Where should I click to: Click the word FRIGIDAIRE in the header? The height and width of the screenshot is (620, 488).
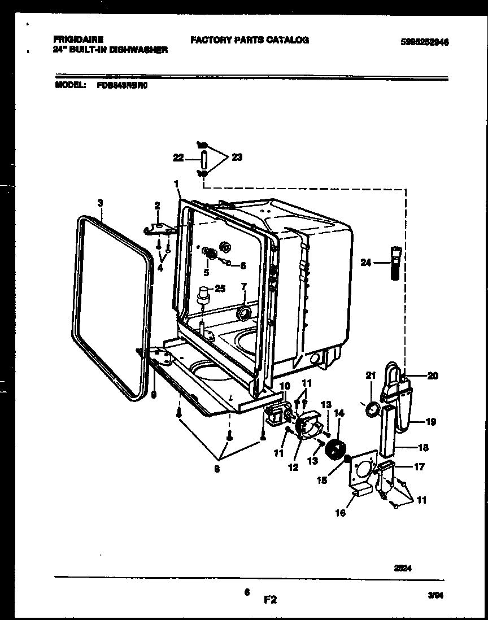(78, 40)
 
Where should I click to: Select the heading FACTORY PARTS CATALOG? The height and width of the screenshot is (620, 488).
(249, 40)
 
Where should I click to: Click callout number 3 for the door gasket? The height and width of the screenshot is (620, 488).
(100, 202)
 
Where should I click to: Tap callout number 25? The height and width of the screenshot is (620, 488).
(220, 289)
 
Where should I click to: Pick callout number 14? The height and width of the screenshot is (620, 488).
(339, 413)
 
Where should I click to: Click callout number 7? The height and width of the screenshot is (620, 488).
(244, 286)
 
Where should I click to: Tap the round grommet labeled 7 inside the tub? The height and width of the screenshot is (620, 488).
(244, 312)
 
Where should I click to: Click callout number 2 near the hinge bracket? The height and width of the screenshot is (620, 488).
(158, 206)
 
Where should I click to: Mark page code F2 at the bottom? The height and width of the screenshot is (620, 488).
(271, 600)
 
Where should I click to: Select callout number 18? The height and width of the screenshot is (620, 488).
(423, 448)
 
